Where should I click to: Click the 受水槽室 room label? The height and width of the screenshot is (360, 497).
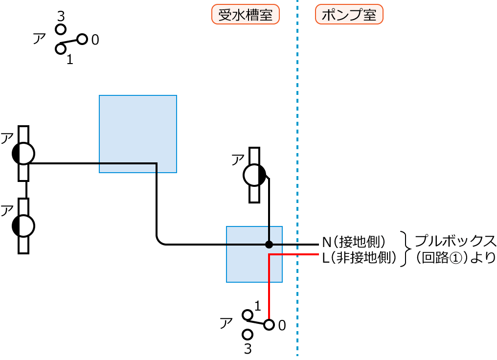tap(245, 15)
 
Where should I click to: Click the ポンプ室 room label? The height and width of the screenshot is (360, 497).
tap(349, 15)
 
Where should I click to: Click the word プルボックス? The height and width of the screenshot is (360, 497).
tap(455, 241)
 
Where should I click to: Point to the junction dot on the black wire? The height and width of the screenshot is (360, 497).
tap(269, 244)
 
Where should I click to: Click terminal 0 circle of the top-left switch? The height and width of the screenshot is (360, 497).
tap(82, 39)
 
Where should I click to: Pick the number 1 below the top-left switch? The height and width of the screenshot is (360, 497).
tap(69, 60)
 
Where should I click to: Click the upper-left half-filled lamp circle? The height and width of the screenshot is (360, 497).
tap(23, 154)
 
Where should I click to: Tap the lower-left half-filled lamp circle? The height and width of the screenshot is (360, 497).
tap(23, 225)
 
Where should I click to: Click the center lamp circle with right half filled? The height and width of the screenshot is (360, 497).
tap(254, 175)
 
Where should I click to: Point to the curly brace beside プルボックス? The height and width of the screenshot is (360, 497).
tap(406, 249)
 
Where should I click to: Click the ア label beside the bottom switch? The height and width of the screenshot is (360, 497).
tap(226, 322)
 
